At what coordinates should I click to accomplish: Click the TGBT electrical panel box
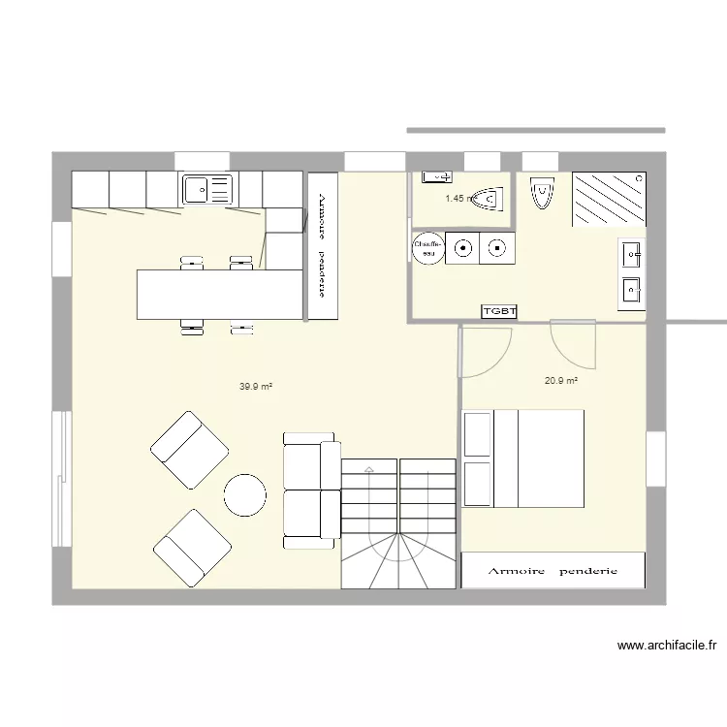pos(499,311)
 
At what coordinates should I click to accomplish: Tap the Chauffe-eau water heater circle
pos(427,248)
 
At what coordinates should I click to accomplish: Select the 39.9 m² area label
pos(255,386)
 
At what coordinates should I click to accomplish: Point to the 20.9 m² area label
pos(561,381)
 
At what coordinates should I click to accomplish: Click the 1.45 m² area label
pos(458,199)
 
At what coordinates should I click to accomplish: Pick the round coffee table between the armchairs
pos(245,495)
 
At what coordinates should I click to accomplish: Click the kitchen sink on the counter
pos(206,190)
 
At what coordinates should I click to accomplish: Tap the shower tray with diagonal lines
pos(609,199)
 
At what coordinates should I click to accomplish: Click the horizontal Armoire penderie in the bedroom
pos(553,571)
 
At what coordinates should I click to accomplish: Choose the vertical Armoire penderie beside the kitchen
pos(323,246)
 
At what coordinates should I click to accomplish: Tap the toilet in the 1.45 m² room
pos(488,199)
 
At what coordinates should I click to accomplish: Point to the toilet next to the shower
pos(541,193)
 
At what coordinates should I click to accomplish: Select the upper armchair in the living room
pos(190,449)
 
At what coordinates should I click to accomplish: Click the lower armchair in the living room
pos(192,548)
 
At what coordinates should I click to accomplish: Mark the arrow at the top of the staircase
pos(369,469)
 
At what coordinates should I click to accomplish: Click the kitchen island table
pos(219,294)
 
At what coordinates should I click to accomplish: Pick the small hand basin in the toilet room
pos(435,177)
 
